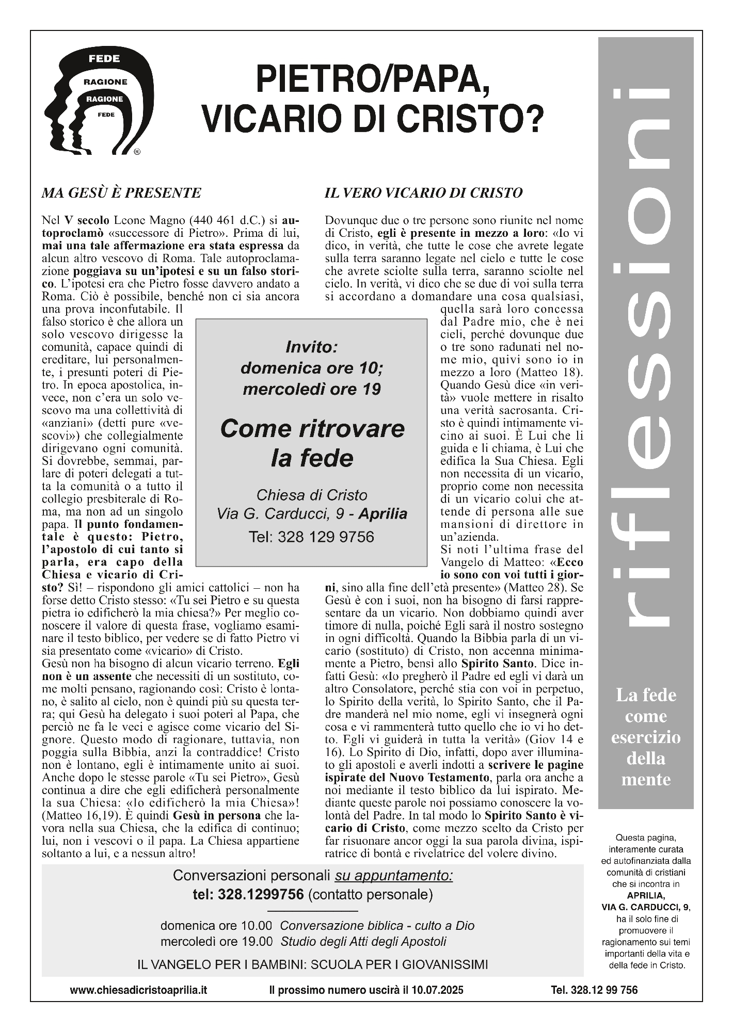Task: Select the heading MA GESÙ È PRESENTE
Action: tap(121, 193)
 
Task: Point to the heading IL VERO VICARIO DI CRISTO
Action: tap(423, 193)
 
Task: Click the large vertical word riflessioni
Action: tap(646, 356)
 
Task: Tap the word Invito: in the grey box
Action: tap(312, 347)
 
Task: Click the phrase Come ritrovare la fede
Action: tap(312, 443)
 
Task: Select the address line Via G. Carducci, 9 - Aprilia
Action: tap(312, 514)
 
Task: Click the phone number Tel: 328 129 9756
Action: tap(312, 537)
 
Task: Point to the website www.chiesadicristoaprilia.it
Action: tap(139, 990)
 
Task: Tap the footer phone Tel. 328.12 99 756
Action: tap(594, 990)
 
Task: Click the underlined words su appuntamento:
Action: tap(394, 876)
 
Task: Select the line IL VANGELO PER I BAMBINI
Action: tap(312, 964)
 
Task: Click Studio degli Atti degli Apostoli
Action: tap(363, 942)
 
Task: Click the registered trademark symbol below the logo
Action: tap(137, 152)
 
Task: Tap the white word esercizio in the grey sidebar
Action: tap(646, 737)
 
